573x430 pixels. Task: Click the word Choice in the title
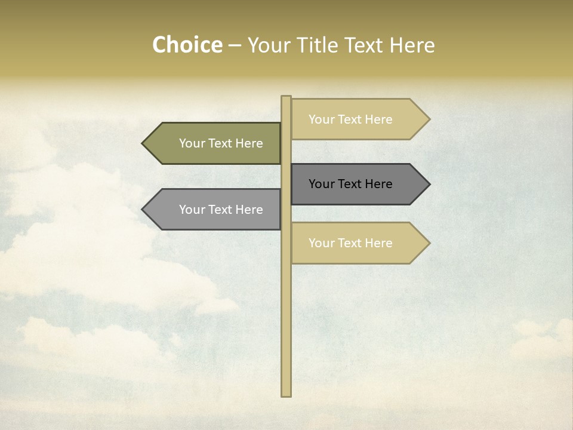(187, 45)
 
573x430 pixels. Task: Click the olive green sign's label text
(221, 143)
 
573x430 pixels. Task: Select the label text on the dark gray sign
(350, 184)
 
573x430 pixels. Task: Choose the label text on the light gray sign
(221, 210)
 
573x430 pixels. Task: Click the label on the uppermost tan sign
(350, 119)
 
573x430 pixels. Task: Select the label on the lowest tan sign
(350, 243)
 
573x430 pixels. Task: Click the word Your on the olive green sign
(192, 143)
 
